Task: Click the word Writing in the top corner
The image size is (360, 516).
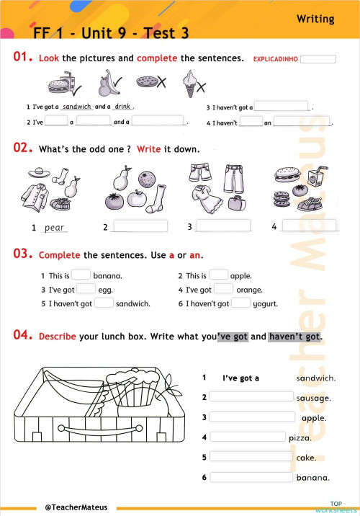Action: click(x=315, y=19)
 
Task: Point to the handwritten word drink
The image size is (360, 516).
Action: click(x=122, y=106)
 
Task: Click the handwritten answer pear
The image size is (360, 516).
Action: click(x=55, y=228)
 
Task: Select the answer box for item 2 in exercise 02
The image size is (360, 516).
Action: click(x=140, y=226)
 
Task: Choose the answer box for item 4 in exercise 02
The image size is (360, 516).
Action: click(x=309, y=226)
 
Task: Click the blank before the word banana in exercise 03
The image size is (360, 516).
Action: click(x=81, y=275)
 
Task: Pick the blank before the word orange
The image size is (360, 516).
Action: click(x=223, y=289)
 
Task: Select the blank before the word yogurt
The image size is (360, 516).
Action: click(x=241, y=303)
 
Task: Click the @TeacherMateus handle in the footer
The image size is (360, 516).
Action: click(x=76, y=507)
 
